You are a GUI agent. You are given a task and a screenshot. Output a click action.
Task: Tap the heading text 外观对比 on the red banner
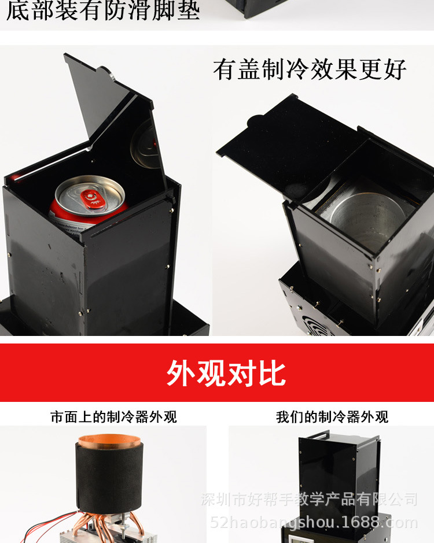click(226, 374)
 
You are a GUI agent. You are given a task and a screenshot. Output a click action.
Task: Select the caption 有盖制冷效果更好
click(310, 70)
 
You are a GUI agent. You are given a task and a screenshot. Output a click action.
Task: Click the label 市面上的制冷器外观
click(113, 416)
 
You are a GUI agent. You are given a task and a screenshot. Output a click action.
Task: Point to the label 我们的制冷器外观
click(332, 416)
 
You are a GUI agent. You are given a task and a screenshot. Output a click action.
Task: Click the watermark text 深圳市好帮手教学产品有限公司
click(310, 499)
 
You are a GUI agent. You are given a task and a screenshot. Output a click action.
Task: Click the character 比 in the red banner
click(271, 374)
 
